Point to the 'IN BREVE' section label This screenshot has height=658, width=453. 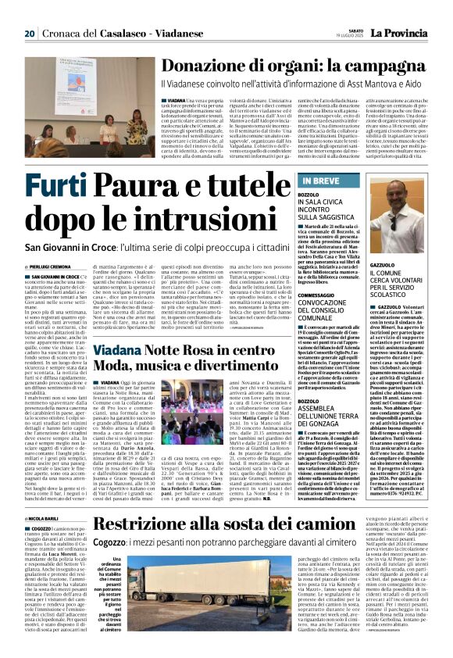coord(320,181)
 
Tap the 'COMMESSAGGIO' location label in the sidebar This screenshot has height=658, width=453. coord(322,295)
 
